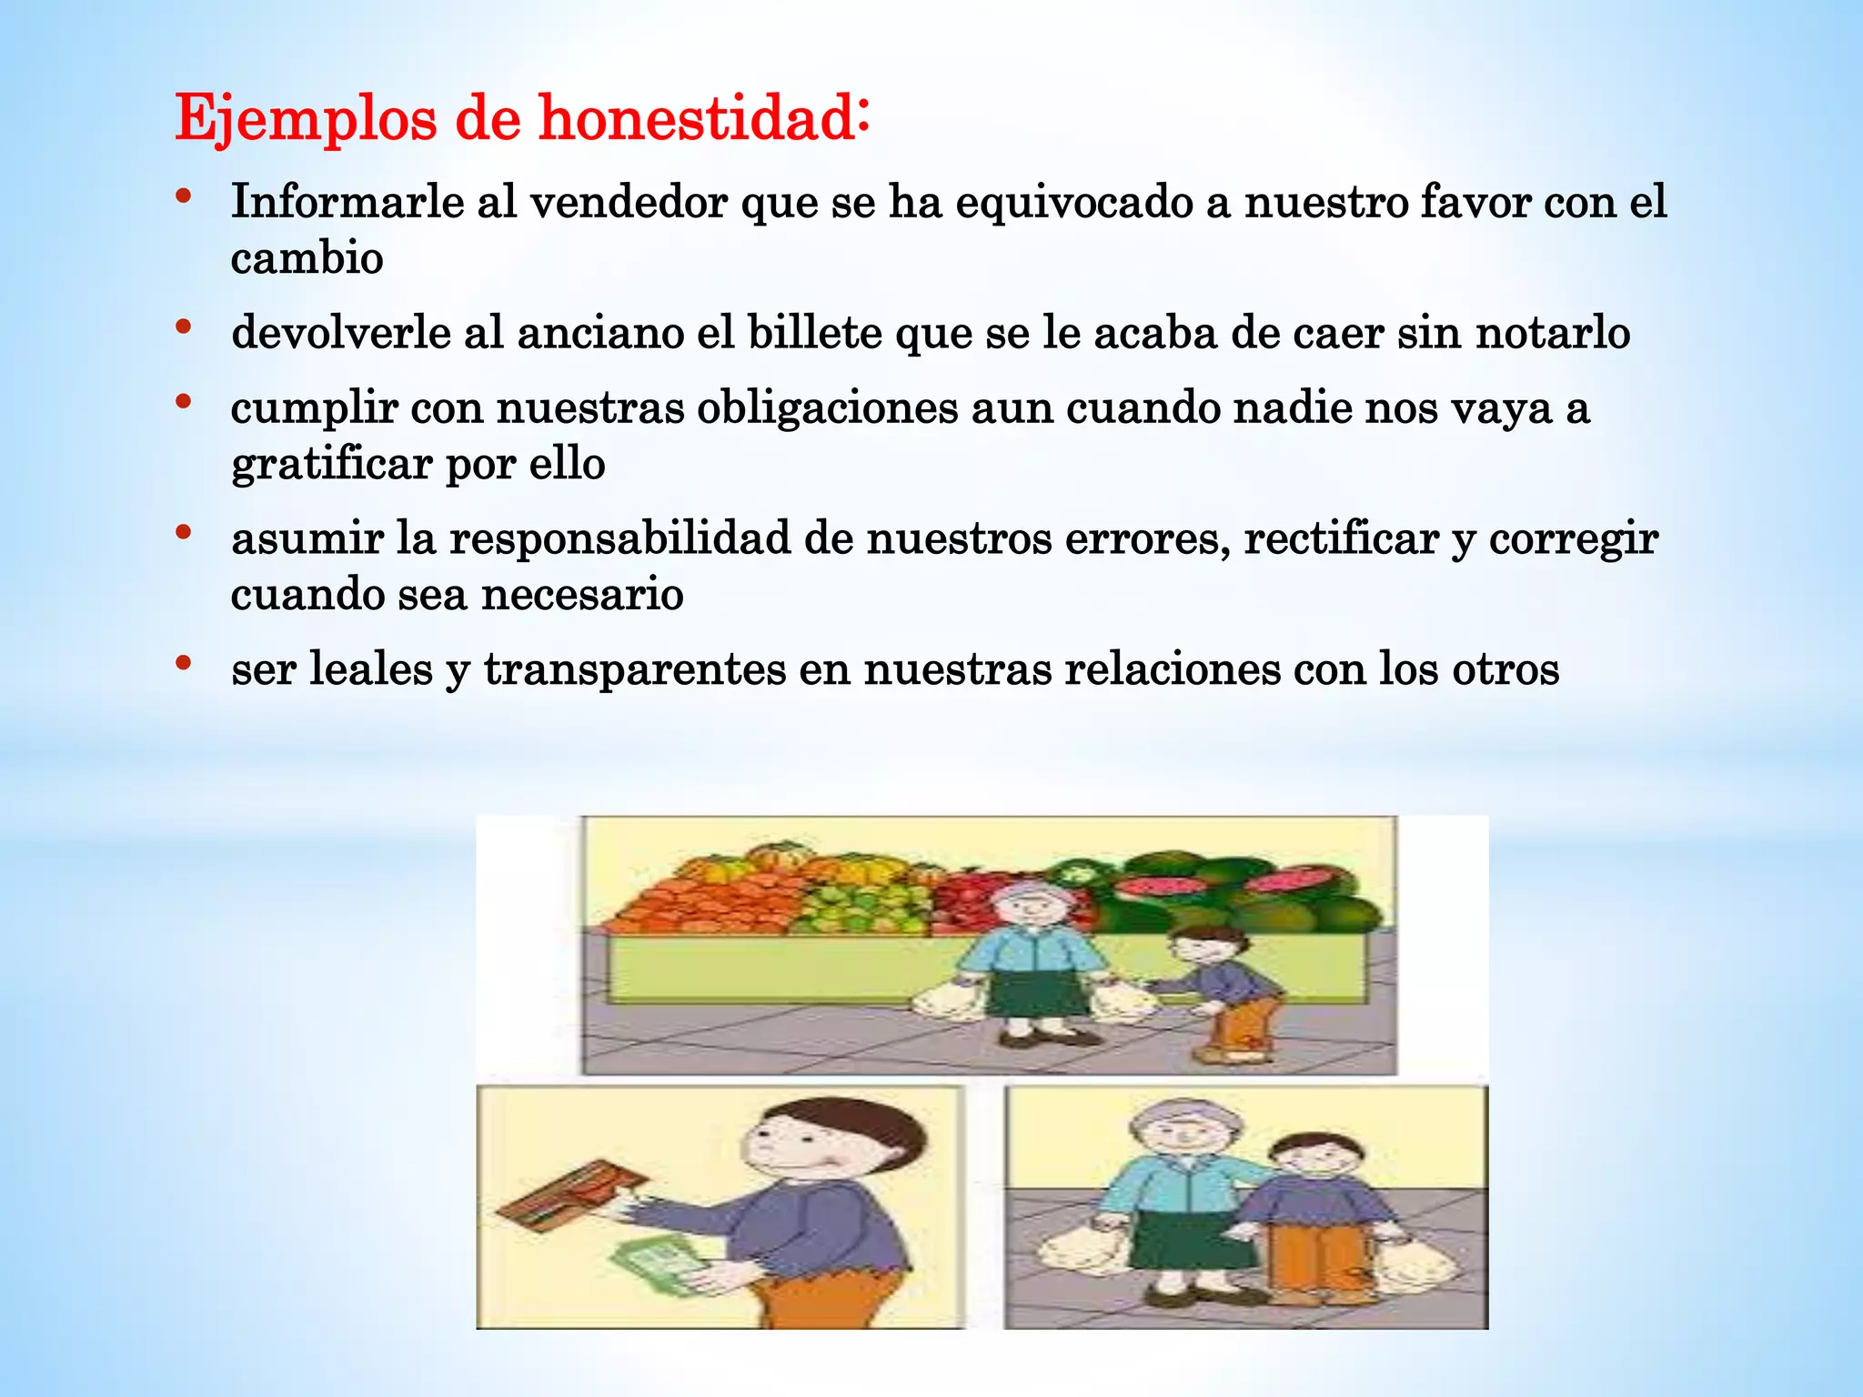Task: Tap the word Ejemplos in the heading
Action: coord(306,119)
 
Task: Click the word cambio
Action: coord(307,258)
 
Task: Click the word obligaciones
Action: coord(827,408)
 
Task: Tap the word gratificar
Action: coord(331,465)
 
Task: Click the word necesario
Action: coord(582,596)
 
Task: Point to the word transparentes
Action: coord(635,670)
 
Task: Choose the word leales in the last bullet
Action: coord(371,670)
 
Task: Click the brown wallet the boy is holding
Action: coord(571,1194)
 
